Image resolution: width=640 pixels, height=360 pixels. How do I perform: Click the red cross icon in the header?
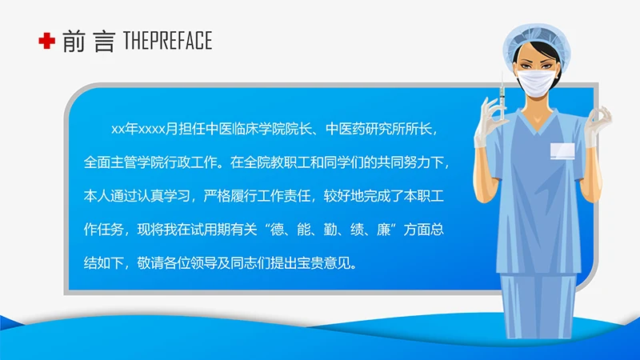(46, 41)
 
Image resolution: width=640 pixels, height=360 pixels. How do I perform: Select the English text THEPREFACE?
(167, 41)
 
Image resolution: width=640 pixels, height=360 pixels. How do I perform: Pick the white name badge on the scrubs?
(562, 150)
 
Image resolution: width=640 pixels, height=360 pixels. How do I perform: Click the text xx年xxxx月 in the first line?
(138, 129)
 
